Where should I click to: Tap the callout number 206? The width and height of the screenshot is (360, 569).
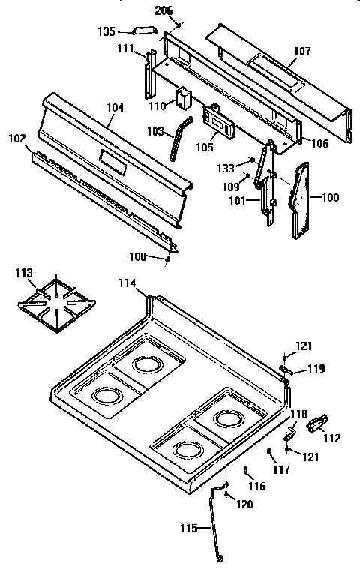[x=163, y=10]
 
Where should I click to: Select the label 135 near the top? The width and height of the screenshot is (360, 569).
[x=106, y=31]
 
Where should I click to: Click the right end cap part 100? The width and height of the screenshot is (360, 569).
[x=304, y=199]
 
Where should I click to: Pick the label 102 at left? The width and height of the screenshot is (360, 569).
[x=16, y=139]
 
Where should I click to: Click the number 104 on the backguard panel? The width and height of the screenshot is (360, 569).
[x=115, y=108]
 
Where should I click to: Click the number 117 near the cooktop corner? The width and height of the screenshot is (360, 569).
[x=281, y=471]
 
